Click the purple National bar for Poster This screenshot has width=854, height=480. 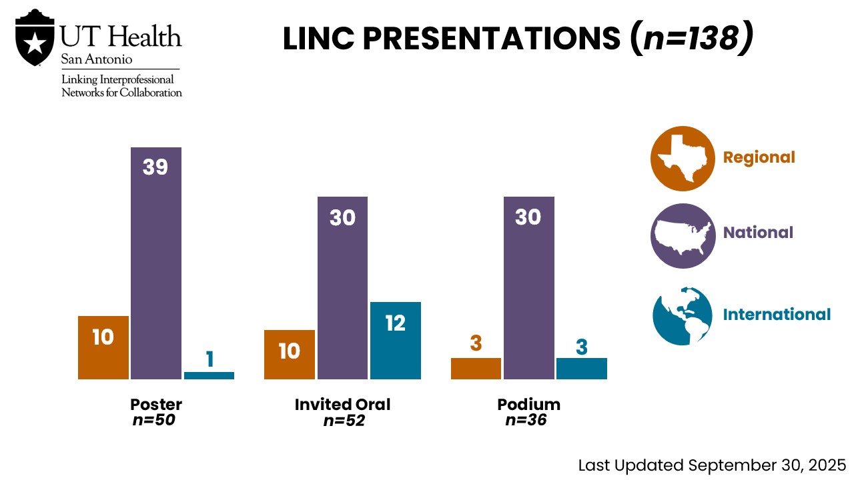155,267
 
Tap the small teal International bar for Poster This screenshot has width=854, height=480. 209,375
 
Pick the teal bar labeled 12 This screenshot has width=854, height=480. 395,340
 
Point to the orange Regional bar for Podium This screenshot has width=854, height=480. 476,369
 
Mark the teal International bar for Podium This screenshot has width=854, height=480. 581,369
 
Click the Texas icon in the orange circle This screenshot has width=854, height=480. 683,159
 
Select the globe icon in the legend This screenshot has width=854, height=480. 683,315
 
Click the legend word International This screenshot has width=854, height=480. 777,315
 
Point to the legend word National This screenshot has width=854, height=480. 758,233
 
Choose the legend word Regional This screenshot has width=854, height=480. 759,157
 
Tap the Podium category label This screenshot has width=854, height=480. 528,405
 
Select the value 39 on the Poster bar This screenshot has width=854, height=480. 155,167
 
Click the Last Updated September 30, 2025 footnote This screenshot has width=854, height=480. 712,465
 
